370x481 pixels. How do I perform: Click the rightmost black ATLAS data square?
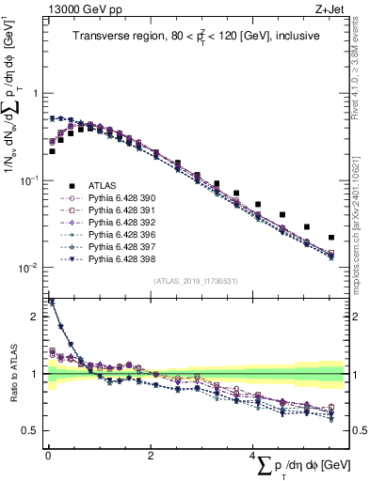331,238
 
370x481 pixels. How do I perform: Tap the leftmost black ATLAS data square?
53,150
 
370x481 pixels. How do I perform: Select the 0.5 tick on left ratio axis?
34,430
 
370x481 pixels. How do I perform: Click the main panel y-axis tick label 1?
37,93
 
